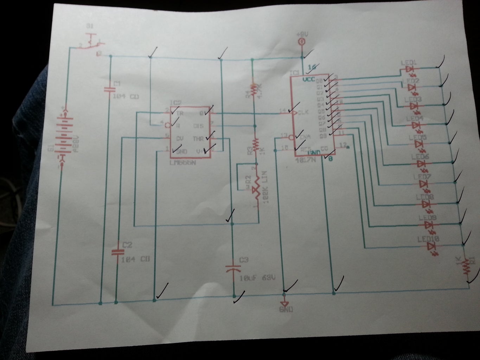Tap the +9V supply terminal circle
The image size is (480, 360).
[x=301, y=42]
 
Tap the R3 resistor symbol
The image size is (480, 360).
[x=256, y=144]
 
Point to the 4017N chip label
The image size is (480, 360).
[x=305, y=160]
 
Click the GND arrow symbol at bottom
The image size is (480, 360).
[x=284, y=303]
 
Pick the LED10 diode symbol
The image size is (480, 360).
[x=430, y=246]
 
